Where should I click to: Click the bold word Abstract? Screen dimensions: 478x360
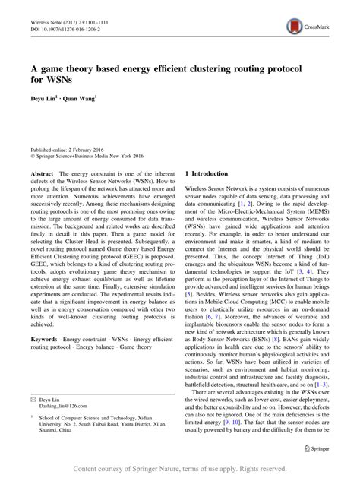pyautogui.click(x=42, y=174)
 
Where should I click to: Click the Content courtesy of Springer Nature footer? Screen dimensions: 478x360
pyautogui.click(x=179, y=468)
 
